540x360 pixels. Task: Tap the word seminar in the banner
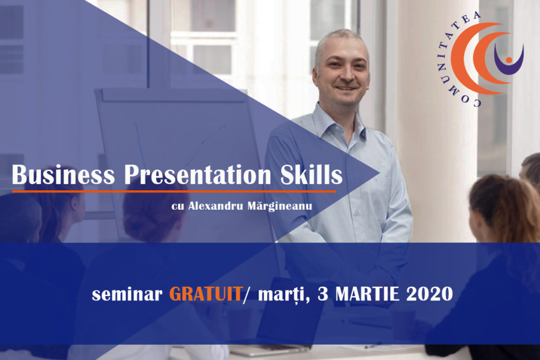pyautogui.click(x=127, y=294)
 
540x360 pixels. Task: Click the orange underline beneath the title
pyautogui.click(x=173, y=191)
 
